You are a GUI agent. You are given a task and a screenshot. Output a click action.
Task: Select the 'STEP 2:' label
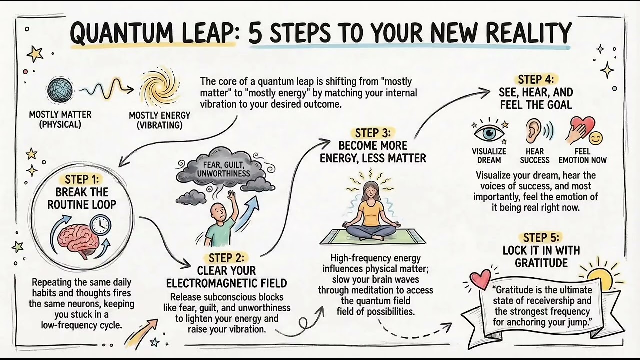226,258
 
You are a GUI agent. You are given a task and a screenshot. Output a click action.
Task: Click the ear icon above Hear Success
534,131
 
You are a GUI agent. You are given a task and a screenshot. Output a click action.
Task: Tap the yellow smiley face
595,138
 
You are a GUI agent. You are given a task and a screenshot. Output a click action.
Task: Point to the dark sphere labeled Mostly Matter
60,90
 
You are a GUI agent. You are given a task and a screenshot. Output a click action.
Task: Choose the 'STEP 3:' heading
374,133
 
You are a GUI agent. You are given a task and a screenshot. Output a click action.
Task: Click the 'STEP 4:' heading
535,80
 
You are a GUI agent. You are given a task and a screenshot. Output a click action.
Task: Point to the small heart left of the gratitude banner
481,279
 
